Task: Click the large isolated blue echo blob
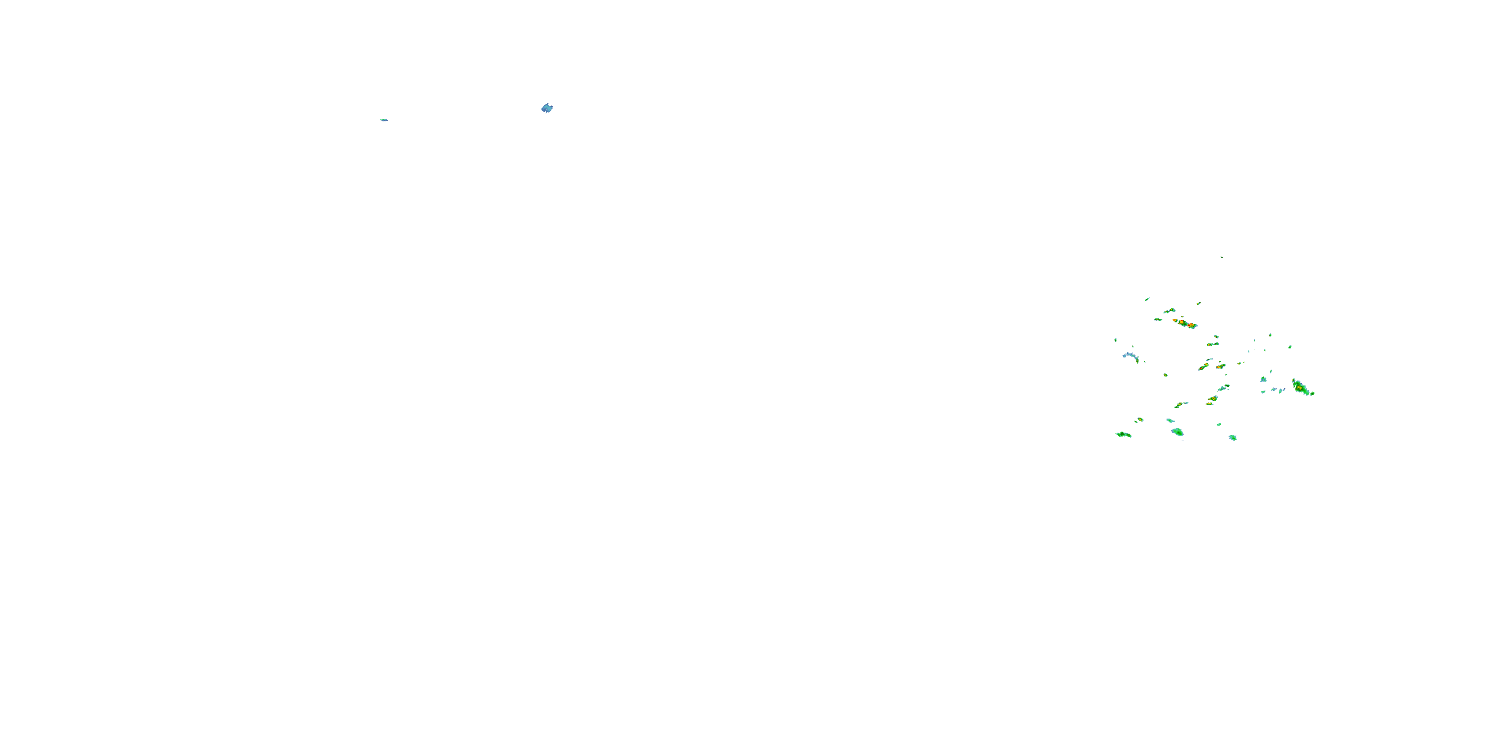point(546,108)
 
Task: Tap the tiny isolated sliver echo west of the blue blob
point(384,120)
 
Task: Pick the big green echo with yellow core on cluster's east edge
point(1302,387)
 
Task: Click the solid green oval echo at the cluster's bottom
point(1178,432)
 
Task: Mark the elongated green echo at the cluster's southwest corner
point(1124,434)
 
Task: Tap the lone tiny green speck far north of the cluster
point(1221,257)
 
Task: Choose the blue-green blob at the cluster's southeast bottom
point(1232,437)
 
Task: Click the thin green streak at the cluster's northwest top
point(1147,299)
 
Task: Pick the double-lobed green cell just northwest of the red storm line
point(1169,311)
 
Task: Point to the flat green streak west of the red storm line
point(1158,319)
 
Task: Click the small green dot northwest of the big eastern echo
point(1290,347)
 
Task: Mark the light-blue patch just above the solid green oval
point(1170,421)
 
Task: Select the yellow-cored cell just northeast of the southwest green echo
point(1139,419)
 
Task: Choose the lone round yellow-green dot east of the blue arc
point(1166,375)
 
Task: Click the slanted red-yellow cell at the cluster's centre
point(1203,366)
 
